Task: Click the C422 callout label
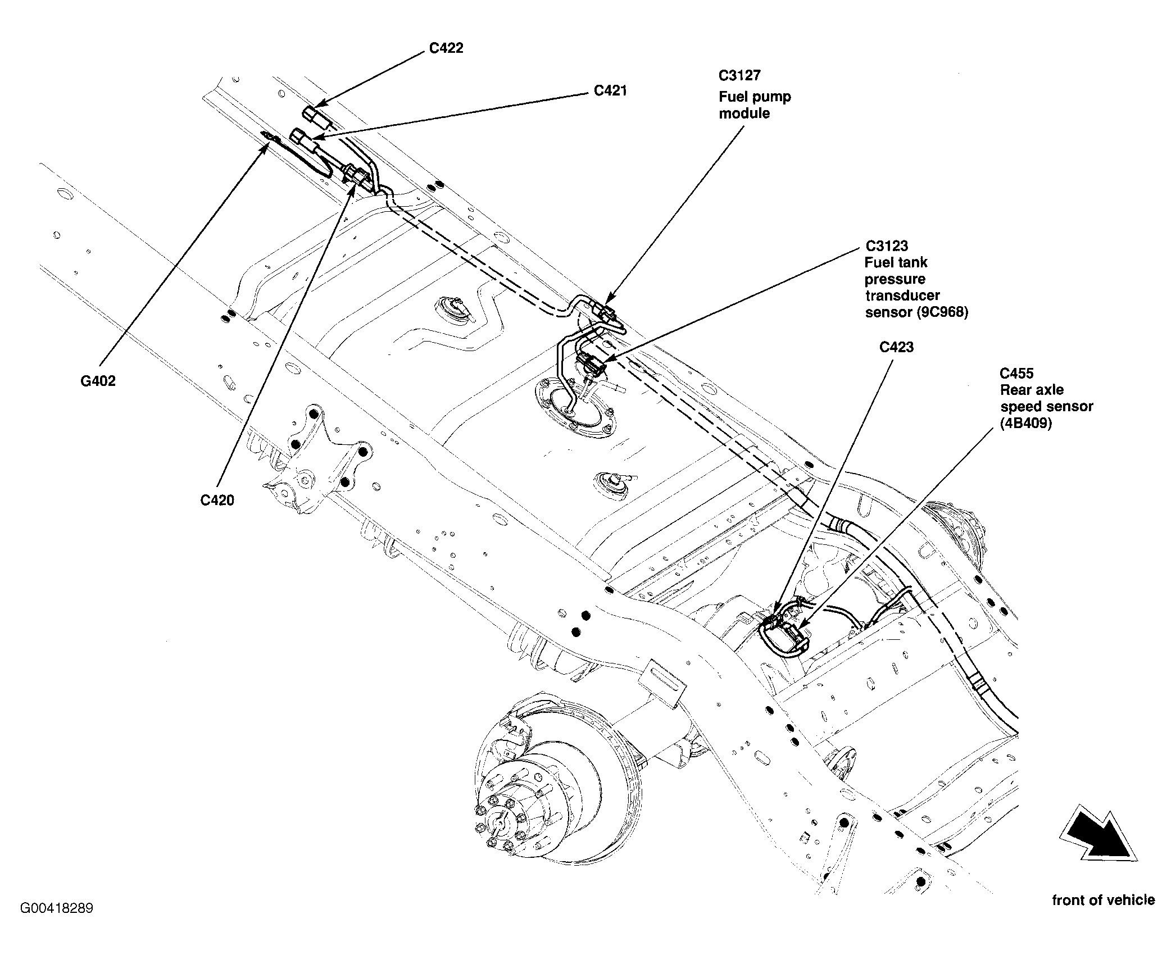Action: pos(446,48)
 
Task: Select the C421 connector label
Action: pos(611,90)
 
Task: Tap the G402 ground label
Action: pos(98,381)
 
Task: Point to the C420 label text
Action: pos(217,500)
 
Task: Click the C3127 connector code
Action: pos(739,75)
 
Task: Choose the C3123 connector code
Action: pos(887,246)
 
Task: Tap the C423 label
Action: pos(897,347)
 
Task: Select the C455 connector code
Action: pos(1016,373)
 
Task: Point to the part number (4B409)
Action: pos(1026,423)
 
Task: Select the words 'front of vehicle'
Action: pos(1104,900)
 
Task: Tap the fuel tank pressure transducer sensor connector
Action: pos(592,363)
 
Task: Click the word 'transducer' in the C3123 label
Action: pos(902,295)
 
